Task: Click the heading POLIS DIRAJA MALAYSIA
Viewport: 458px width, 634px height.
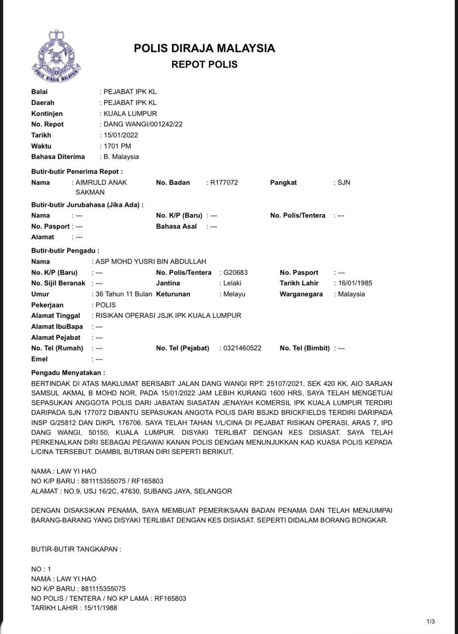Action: [x=204, y=49]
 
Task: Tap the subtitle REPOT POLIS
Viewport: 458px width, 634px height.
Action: [x=204, y=64]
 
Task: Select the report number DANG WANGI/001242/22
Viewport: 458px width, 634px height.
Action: [x=143, y=124]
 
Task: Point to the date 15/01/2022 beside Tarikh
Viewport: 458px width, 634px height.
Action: [x=120, y=135]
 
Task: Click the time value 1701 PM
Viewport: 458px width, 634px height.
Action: [x=117, y=146]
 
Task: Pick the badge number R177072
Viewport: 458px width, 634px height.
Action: [x=224, y=182]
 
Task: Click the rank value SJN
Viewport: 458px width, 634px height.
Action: [x=343, y=182]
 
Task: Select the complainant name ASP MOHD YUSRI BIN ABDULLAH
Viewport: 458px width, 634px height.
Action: [x=151, y=262]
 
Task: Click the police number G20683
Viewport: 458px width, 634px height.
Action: [x=235, y=272]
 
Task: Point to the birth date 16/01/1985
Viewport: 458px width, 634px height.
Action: [x=355, y=283]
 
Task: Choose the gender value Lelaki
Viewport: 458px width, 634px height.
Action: [x=232, y=283]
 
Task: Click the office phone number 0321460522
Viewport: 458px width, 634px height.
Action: [x=242, y=348]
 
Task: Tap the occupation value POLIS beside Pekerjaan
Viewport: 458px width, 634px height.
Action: [x=106, y=305]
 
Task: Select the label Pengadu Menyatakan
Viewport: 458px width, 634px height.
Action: [x=68, y=372]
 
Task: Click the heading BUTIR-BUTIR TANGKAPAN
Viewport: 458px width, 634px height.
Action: [x=76, y=549]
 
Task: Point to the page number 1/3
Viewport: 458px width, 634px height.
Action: [x=430, y=622]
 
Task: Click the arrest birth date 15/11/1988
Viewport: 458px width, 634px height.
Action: [x=100, y=608]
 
